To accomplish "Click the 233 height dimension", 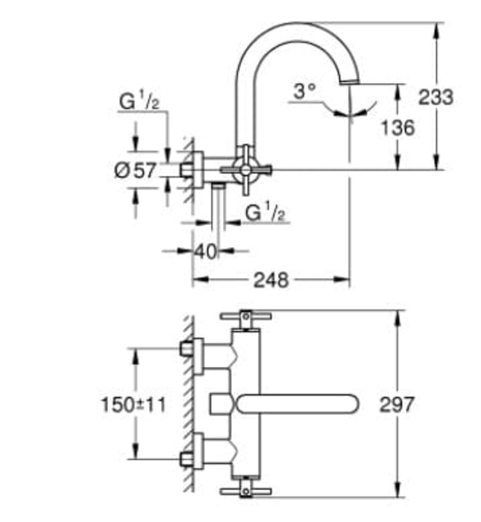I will click(x=436, y=97).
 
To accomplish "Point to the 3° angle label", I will click(x=304, y=92).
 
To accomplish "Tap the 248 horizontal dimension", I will click(x=271, y=280).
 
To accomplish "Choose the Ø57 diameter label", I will click(x=136, y=170).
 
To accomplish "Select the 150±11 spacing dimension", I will click(x=133, y=405).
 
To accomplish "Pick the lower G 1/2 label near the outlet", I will click(x=265, y=213).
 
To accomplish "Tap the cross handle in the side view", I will click(x=246, y=169).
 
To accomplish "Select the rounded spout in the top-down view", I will click(x=298, y=403).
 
